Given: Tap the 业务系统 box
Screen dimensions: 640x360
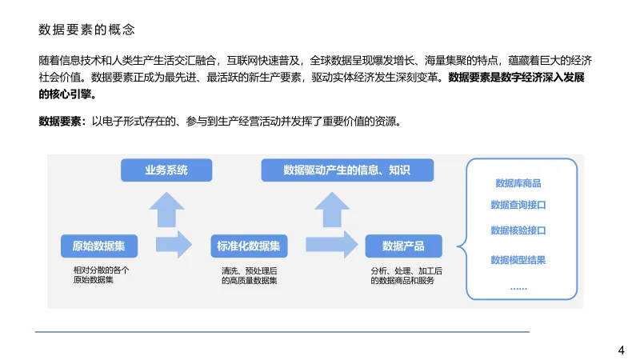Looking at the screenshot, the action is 166,170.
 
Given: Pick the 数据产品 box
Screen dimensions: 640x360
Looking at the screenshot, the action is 403,246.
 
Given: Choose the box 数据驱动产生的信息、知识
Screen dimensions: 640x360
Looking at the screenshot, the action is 347,170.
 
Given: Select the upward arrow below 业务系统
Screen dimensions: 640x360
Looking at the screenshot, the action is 166,210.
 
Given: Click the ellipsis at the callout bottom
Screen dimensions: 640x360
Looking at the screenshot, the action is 518,286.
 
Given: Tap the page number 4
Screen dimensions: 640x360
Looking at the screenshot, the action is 622,350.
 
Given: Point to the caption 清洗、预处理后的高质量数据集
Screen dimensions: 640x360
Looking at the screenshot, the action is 250,276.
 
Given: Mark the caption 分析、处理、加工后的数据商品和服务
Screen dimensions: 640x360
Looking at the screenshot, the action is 406,276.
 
